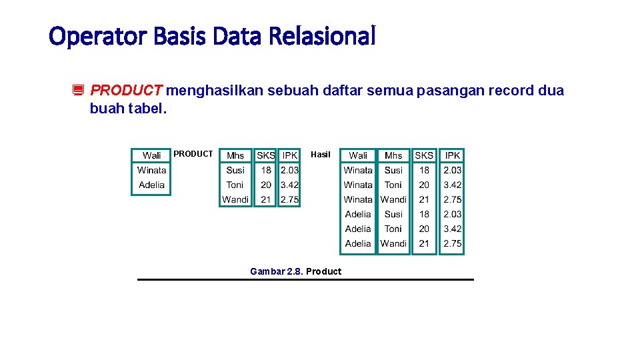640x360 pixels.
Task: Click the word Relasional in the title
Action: [x=323, y=36]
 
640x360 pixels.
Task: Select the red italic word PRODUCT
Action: [x=126, y=90]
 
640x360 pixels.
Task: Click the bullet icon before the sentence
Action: [x=77, y=91]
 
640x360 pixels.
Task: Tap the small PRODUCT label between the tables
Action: [x=193, y=154]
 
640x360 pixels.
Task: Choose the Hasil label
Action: [x=320, y=155]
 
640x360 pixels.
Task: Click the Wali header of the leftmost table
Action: [x=151, y=155]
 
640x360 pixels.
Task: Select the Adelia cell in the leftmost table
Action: [x=151, y=185]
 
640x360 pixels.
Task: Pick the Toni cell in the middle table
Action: [x=235, y=185]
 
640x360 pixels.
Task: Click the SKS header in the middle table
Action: [x=266, y=155]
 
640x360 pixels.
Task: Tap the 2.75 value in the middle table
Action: [x=289, y=199]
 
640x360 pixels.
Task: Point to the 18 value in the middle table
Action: [x=266, y=170]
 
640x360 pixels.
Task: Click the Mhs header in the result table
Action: [x=393, y=155]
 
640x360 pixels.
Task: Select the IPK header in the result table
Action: [x=453, y=155]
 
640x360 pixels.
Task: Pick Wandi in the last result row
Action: [x=393, y=243]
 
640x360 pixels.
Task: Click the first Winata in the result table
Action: [x=358, y=170]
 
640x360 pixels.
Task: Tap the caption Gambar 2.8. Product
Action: [x=295, y=271]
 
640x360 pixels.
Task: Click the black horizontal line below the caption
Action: [x=305, y=279]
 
